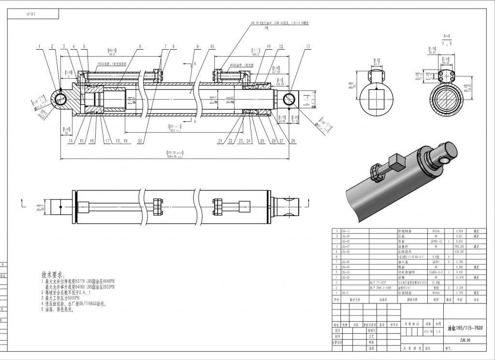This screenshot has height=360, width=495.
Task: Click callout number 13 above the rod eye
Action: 308,46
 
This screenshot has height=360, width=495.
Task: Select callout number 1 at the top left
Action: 38,46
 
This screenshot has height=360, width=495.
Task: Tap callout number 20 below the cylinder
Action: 140,142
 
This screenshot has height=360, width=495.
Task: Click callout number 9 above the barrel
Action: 198,46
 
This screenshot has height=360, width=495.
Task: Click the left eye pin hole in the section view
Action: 61,100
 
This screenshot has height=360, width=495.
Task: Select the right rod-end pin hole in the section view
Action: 291,100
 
